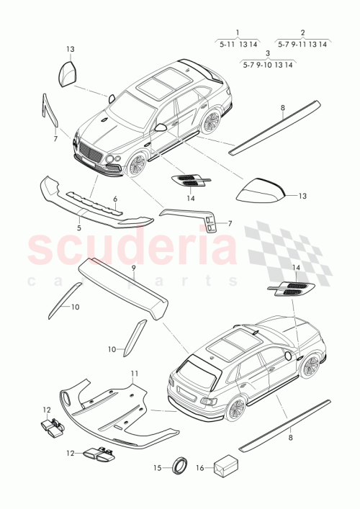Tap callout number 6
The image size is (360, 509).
click(x=114, y=199)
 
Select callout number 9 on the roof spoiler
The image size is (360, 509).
click(x=133, y=268)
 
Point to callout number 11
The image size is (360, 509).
click(x=133, y=373)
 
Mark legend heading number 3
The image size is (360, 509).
click(x=268, y=54)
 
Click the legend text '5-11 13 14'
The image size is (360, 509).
click(x=238, y=44)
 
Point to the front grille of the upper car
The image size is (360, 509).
click(x=92, y=152)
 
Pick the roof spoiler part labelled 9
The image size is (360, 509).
click(x=122, y=284)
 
